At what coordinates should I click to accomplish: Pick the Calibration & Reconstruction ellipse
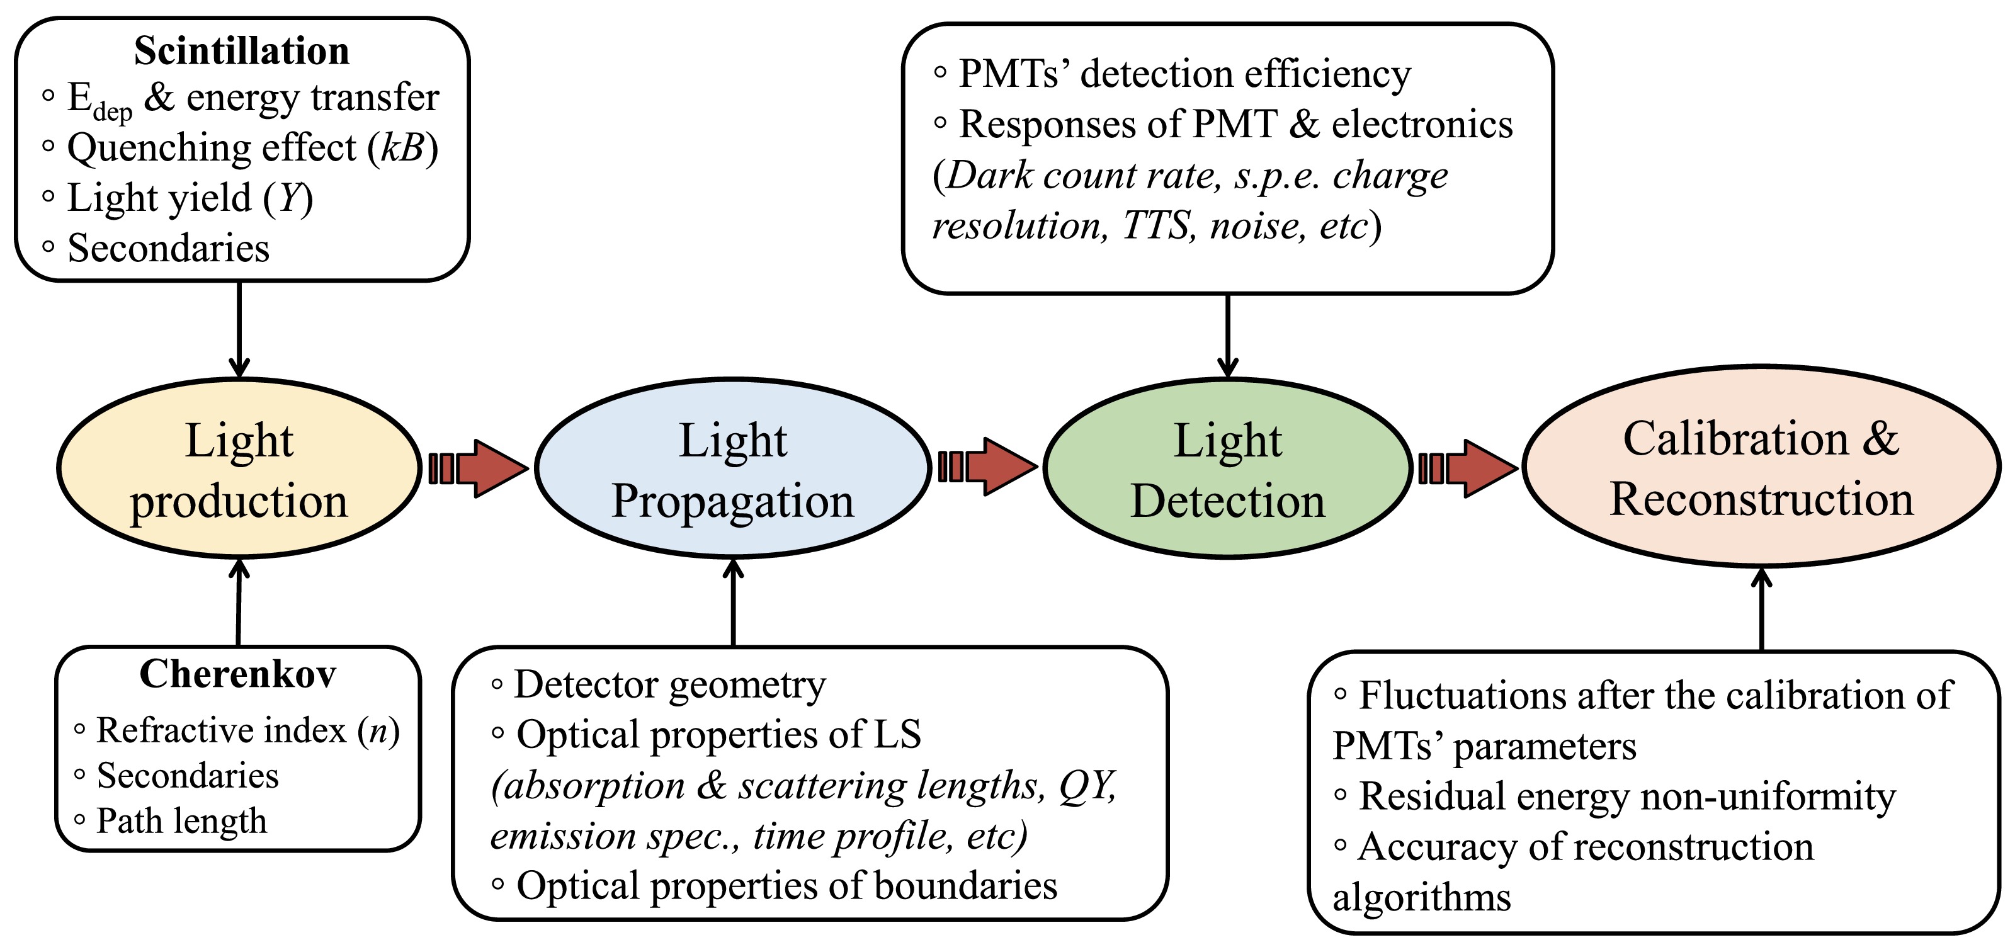tap(1761, 467)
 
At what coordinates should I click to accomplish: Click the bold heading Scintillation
tap(242, 51)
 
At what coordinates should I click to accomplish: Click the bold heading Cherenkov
tap(238, 674)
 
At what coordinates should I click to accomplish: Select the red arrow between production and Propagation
tap(479, 468)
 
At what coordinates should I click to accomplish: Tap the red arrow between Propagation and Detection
tap(988, 467)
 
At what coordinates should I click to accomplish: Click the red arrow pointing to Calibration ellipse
tap(1468, 468)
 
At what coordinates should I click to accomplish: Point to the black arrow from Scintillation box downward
tap(239, 329)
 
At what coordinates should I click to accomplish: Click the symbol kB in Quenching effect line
tap(402, 148)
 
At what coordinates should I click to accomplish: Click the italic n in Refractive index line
tap(378, 730)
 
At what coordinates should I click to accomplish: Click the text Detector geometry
tap(669, 685)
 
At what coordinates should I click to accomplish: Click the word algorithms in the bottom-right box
tap(1421, 897)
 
